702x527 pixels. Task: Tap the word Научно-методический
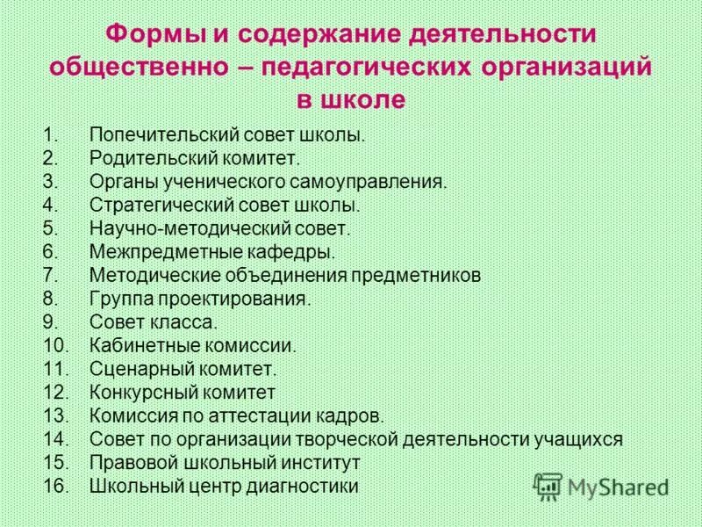(176, 229)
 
